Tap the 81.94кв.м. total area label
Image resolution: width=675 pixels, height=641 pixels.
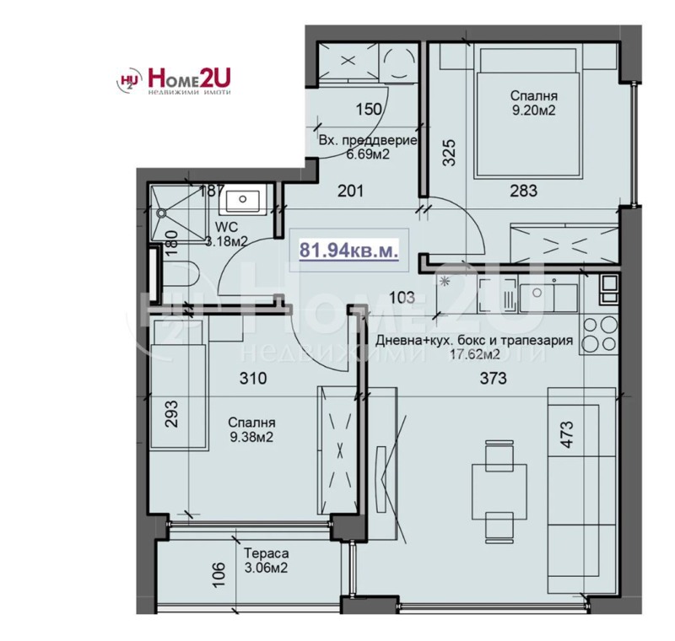[x=349, y=250]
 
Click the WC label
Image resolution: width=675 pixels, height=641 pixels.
[x=225, y=227]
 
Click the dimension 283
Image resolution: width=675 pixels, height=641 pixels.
[x=523, y=191]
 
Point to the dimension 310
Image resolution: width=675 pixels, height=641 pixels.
[x=252, y=379]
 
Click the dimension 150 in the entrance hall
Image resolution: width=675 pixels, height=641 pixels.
[x=369, y=108]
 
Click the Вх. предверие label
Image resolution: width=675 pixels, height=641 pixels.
[x=367, y=140]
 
